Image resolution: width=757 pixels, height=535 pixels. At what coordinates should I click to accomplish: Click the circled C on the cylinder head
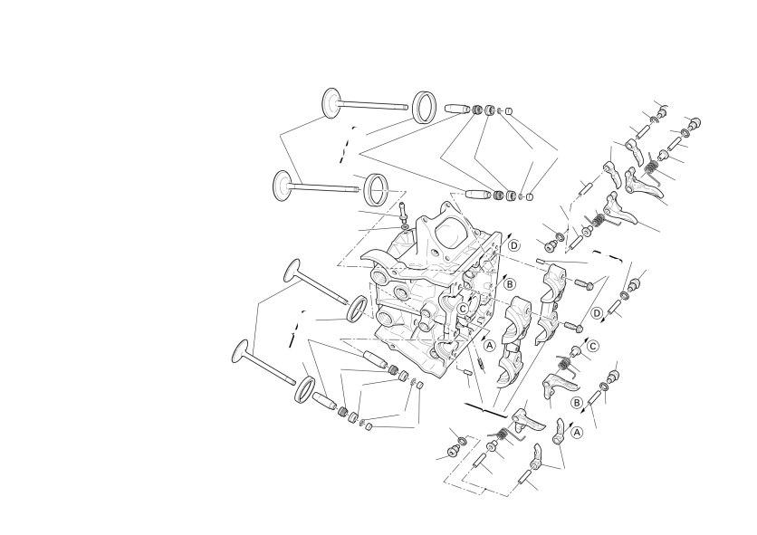coord(463,309)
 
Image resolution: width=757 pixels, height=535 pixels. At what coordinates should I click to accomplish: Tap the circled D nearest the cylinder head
coord(514,245)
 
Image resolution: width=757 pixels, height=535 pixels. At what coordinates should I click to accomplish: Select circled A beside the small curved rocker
coord(577,433)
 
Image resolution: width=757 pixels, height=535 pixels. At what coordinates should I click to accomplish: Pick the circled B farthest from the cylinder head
coord(576,403)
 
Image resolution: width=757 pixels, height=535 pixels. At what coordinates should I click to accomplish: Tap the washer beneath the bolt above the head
coord(404,226)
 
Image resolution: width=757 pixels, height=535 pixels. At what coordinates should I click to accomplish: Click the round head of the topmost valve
coord(331,103)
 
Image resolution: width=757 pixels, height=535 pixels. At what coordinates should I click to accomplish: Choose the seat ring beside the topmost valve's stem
coord(426,107)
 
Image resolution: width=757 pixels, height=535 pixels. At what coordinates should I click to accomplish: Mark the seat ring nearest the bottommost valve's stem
coord(304,389)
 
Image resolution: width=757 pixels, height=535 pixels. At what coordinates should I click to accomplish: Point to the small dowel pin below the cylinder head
coord(466,372)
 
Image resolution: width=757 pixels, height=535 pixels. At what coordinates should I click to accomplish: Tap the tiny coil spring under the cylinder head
coord(481,364)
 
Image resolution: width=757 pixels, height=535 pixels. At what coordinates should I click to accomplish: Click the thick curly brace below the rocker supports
coord(485,410)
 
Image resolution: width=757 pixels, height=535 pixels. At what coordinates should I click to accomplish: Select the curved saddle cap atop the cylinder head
coord(379,258)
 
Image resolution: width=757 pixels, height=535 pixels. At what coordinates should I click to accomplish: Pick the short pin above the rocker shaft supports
coord(541,262)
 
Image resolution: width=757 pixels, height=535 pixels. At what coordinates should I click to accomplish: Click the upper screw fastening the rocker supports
coord(584,284)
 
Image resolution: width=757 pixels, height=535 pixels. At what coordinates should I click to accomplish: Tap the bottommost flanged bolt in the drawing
coord(454,452)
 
